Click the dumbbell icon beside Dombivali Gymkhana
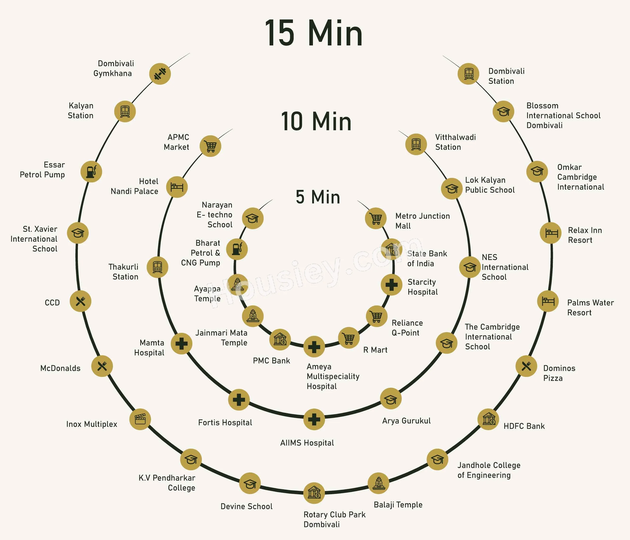pyautogui.click(x=160, y=74)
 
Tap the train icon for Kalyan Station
pyautogui.click(x=125, y=111)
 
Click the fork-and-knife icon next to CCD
pyautogui.click(x=81, y=301)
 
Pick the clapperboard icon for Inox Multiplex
pyautogui.click(x=140, y=419)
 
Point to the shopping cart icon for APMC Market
pyautogui.click(x=210, y=146)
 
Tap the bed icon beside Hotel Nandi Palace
pyautogui.click(x=177, y=187)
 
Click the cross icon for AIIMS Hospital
pyautogui.click(x=314, y=420)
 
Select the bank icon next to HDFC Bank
pyautogui.click(x=489, y=419)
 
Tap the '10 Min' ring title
pyautogui.click(x=316, y=121)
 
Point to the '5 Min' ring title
pyautogui.click(x=318, y=197)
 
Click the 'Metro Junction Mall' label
pyautogui.click(x=423, y=221)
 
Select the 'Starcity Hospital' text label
pyautogui.click(x=423, y=287)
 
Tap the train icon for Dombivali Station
pyautogui.click(x=468, y=74)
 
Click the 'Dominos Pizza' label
pyautogui.click(x=559, y=373)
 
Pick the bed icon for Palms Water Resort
pyautogui.click(x=548, y=301)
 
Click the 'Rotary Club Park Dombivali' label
pyautogui.click(x=334, y=519)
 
